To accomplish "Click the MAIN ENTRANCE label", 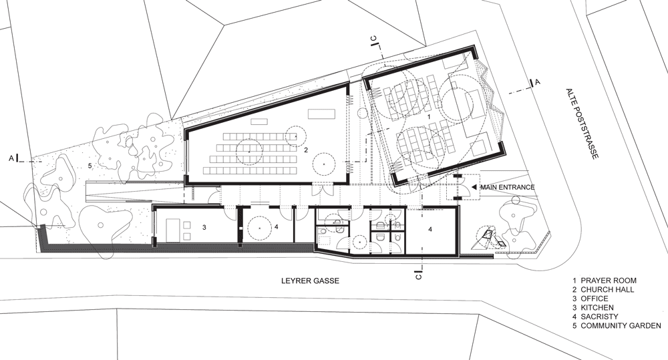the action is point(508,187).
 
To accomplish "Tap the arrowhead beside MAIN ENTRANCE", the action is point(475,187).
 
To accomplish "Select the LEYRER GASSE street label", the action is point(310,281).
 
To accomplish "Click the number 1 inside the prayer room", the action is point(429,116).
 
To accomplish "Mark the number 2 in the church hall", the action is point(306,150).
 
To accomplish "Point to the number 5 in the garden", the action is point(90,166).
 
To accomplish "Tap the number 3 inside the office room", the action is point(204,228).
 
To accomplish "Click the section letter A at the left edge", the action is point(11,158).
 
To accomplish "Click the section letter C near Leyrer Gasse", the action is point(419,276).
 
